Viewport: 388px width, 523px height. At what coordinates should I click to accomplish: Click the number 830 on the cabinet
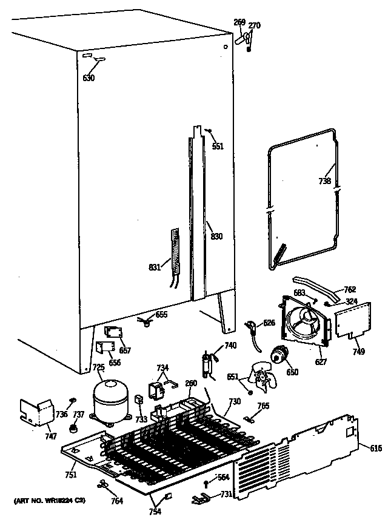216,237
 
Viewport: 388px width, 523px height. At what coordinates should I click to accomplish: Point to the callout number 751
71,475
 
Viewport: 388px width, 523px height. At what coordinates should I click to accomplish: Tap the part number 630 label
89,78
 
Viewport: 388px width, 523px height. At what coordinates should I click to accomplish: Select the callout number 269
239,22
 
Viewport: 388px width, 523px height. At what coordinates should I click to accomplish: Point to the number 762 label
350,289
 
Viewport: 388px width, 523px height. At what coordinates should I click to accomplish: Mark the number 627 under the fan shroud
321,362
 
